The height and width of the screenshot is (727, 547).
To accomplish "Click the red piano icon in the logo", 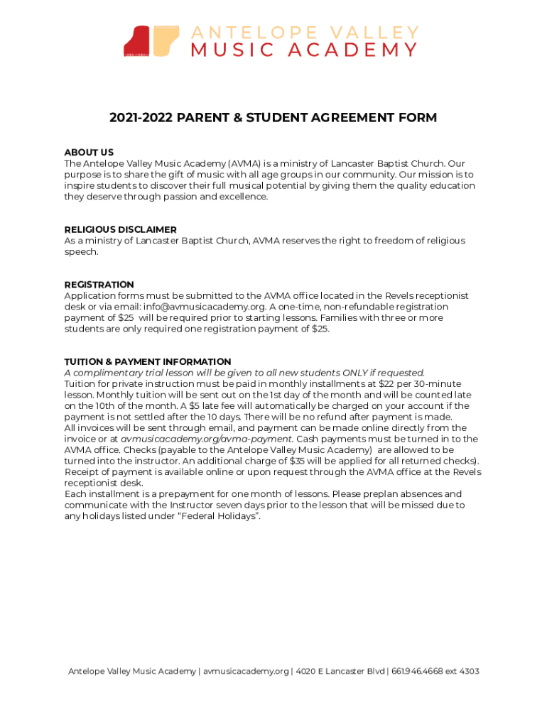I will tap(136, 41).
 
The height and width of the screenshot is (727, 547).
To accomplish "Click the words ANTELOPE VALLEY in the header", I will tap(304, 33).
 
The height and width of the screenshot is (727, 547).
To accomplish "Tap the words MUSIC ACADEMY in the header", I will tap(304, 50).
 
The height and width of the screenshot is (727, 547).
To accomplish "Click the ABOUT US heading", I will tap(89, 153).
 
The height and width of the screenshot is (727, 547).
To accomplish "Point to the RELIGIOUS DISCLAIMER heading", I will tap(120, 229).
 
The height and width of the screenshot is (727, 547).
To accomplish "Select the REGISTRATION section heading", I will tap(99, 285).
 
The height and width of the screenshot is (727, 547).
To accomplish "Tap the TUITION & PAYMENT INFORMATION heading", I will tap(147, 361).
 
